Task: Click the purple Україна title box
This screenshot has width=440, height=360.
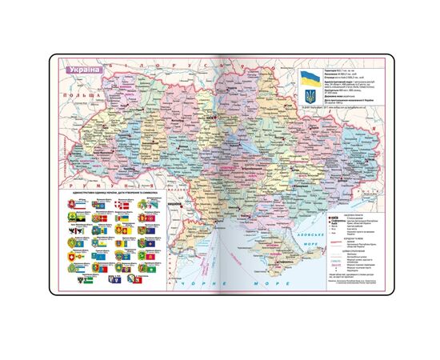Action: tap(82, 68)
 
